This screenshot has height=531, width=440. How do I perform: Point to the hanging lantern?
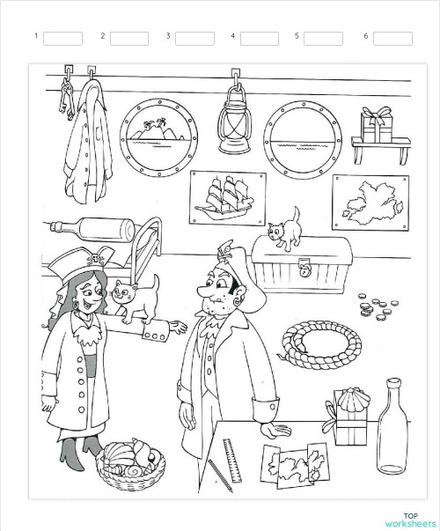(235, 119)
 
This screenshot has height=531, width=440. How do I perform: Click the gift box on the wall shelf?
(378, 126)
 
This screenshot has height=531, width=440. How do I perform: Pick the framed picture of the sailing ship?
(227, 197)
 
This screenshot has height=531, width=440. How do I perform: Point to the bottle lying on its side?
(92, 228)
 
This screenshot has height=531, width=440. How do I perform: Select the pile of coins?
(376, 307)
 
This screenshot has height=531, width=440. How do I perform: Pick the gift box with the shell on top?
(347, 417)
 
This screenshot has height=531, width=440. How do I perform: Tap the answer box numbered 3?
(194, 38)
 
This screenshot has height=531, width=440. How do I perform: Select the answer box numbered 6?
(392, 38)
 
